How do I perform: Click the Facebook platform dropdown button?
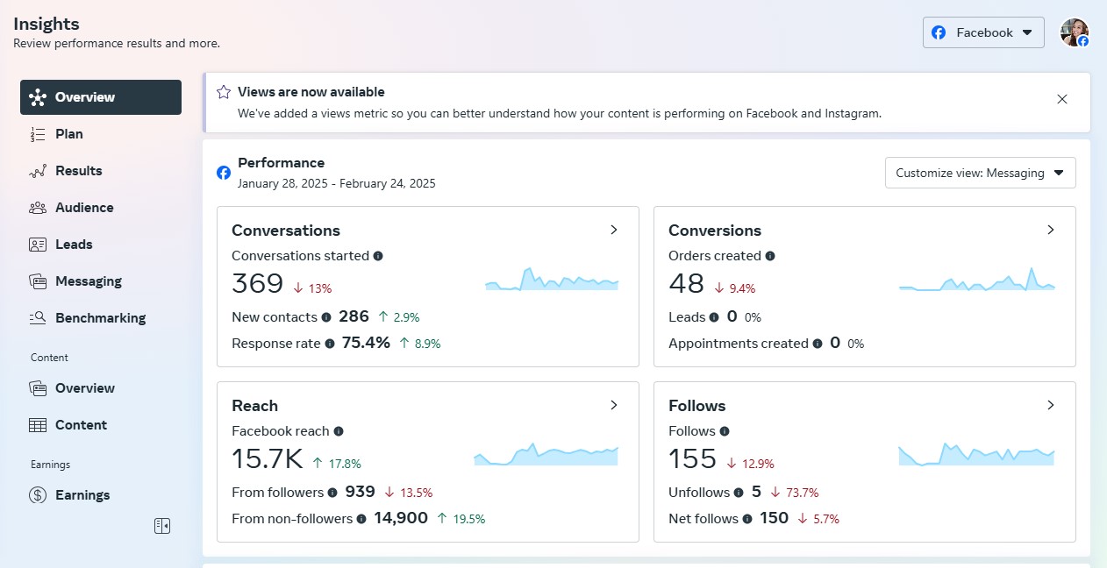click(983, 32)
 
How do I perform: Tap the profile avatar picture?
click(1074, 32)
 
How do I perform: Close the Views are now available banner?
click(1062, 99)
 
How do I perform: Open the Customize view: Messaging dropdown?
click(980, 173)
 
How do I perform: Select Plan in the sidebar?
click(68, 134)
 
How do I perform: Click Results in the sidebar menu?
click(78, 171)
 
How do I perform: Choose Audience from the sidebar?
click(84, 208)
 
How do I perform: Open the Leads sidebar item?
click(74, 245)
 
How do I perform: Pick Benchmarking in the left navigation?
click(100, 318)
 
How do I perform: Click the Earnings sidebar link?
click(82, 495)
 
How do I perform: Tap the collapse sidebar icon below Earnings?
click(162, 526)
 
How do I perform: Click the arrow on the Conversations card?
click(614, 230)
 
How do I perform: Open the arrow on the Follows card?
click(1051, 405)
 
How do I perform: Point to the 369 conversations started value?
click(258, 284)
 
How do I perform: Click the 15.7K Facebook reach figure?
click(268, 459)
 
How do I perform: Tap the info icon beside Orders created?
click(770, 256)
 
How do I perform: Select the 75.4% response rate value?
click(366, 343)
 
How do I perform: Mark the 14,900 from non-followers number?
click(401, 518)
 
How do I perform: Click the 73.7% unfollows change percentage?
click(802, 493)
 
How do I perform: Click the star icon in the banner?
click(224, 92)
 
